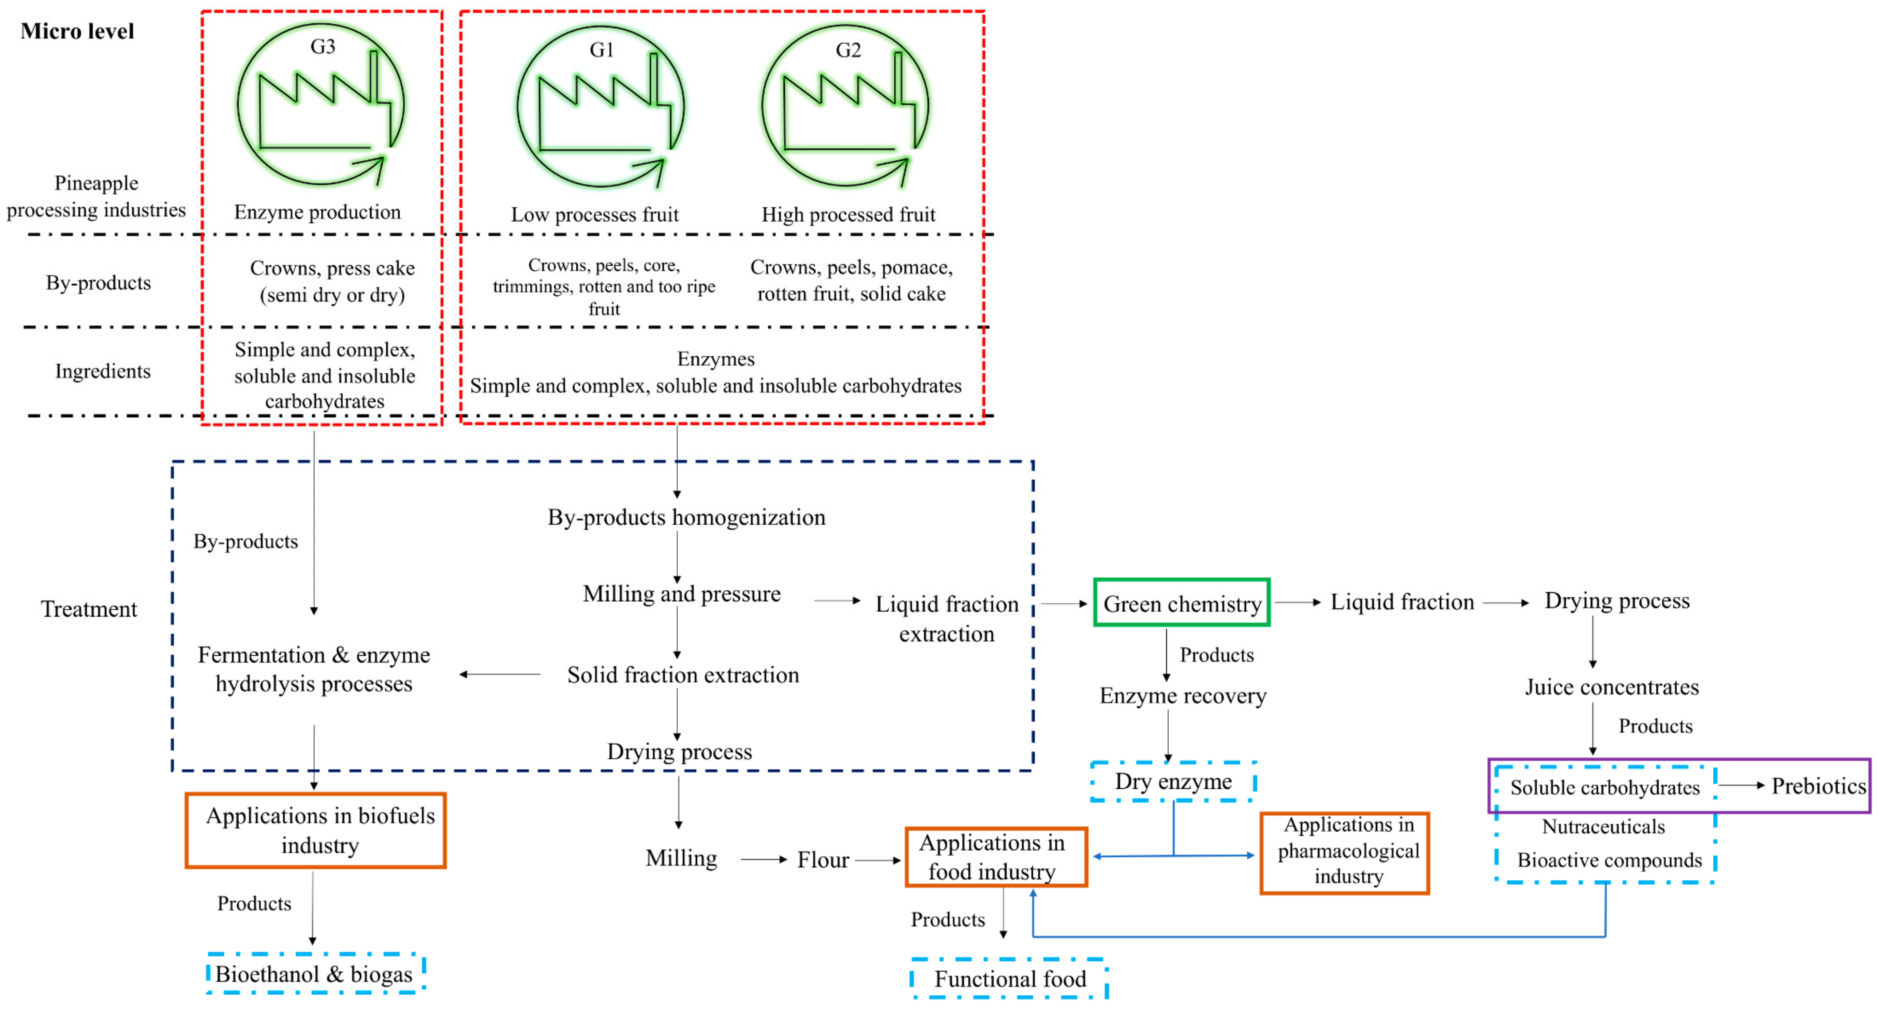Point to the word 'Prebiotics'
click(1818, 786)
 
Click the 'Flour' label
click(823, 859)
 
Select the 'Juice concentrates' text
click(1612, 686)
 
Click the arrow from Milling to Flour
click(764, 859)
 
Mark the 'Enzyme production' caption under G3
click(317, 211)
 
